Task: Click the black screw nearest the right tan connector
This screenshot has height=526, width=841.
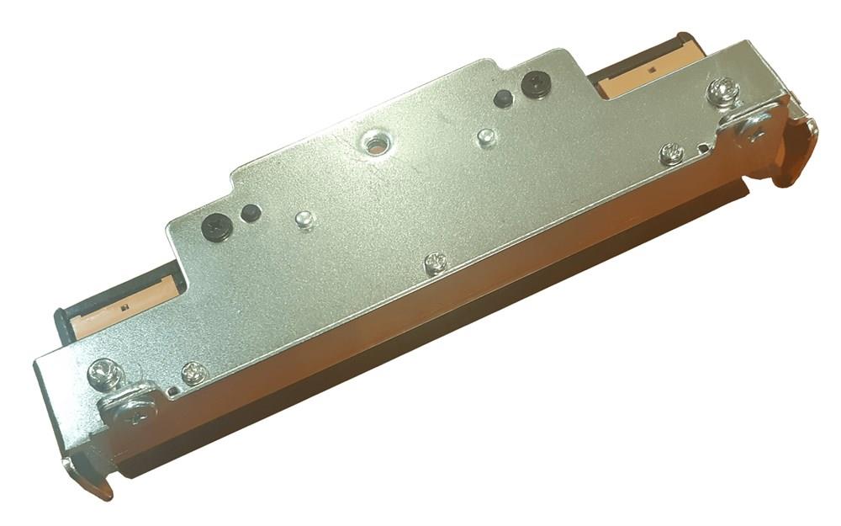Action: (x=535, y=83)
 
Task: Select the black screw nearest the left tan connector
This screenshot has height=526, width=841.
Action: (x=216, y=226)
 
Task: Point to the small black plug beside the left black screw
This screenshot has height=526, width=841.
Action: (x=248, y=213)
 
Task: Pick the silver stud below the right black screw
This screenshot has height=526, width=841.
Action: (x=485, y=135)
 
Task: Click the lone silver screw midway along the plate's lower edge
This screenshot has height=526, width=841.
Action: (x=435, y=263)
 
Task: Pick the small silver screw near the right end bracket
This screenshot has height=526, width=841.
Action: (x=671, y=153)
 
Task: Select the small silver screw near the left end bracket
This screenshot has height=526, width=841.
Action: (x=193, y=373)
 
